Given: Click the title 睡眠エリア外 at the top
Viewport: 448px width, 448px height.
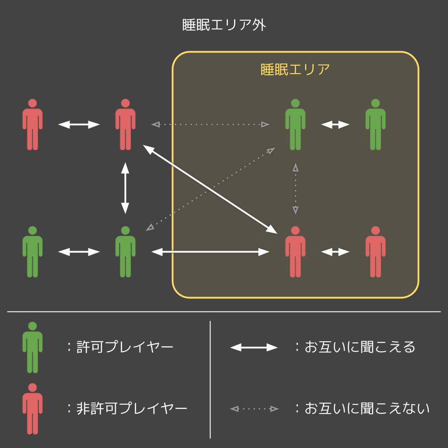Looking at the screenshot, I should click(224, 25).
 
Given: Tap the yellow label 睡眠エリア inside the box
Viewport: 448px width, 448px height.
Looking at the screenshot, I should click(295, 70).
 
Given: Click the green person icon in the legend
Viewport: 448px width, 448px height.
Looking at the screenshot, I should click(32, 348).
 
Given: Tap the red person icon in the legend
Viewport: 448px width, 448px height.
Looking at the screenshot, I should click(32, 409).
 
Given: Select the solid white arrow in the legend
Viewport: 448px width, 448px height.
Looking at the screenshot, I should click(254, 347).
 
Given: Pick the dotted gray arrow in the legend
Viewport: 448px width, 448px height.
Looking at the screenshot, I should click(254, 409).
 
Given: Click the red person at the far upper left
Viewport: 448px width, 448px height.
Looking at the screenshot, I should click(32, 125).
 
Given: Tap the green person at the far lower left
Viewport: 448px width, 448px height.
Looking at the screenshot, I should click(32, 252).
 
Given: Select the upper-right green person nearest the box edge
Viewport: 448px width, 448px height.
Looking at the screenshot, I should click(375, 125).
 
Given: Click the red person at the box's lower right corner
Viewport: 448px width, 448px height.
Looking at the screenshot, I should click(375, 252).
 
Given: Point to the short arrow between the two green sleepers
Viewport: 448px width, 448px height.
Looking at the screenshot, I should click(335, 125).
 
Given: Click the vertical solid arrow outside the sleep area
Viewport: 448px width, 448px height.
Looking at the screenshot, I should click(125, 188).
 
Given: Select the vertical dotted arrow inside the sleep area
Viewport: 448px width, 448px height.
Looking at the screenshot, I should click(295, 189).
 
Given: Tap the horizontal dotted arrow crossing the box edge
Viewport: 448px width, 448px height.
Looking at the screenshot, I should click(210, 125).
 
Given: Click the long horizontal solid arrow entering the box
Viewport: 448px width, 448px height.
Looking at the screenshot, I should click(210, 252).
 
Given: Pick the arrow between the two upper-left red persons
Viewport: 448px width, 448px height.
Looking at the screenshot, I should click(79, 125).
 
